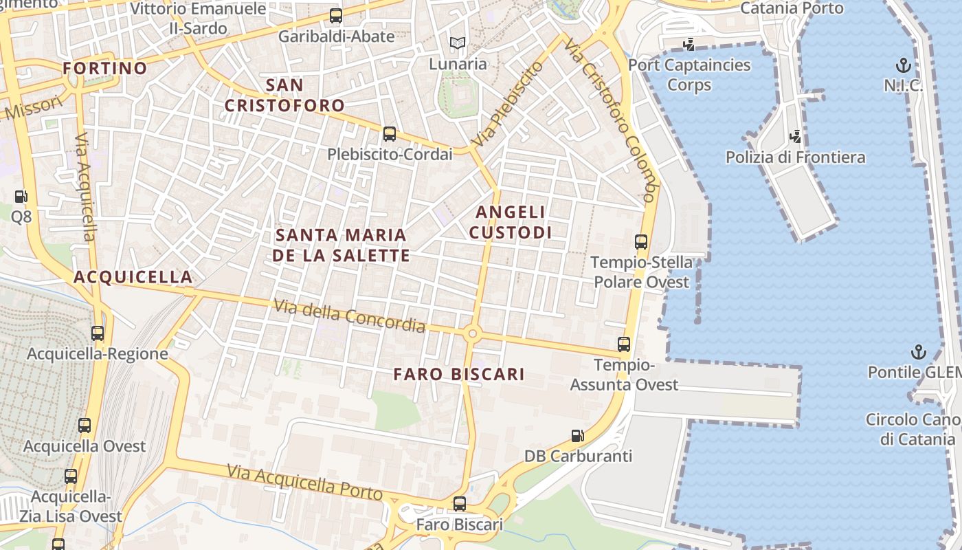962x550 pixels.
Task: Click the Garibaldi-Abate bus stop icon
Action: click(x=336, y=15)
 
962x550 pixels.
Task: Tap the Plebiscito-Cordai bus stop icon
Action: click(x=390, y=133)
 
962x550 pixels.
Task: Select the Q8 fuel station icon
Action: click(x=21, y=197)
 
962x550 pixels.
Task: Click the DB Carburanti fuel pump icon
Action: click(x=578, y=435)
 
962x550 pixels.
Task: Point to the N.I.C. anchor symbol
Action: click(x=904, y=66)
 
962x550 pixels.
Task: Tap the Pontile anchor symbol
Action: click(x=918, y=352)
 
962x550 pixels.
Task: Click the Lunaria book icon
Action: click(x=458, y=43)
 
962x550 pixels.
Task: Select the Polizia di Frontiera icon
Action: click(x=796, y=136)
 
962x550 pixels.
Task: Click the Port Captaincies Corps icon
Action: click(x=689, y=45)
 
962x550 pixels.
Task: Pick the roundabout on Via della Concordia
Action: click(x=472, y=334)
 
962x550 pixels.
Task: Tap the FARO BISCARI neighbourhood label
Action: click(x=459, y=375)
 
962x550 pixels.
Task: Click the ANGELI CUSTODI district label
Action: click(x=510, y=222)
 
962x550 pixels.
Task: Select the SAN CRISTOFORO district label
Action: click(x=284, y=96)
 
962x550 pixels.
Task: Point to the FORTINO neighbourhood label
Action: click(x=105, y=68)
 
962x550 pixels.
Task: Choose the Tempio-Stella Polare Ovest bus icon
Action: click(x=641, y=242)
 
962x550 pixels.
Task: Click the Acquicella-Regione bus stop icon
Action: click(x=98, y=333)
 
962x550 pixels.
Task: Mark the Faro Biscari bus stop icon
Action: click(x=460, y=504)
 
